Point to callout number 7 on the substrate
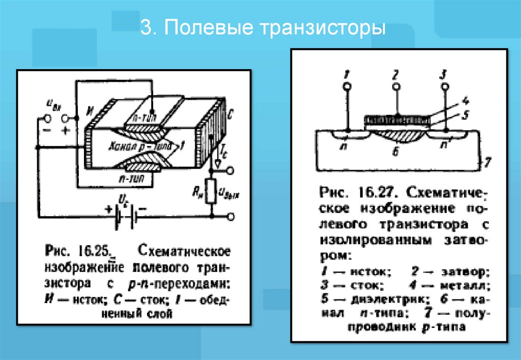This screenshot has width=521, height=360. click(x=487, y=162)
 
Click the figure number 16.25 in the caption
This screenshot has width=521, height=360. click(x=95, y=251)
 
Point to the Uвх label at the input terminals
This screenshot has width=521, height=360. click(x=52, y=103)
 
